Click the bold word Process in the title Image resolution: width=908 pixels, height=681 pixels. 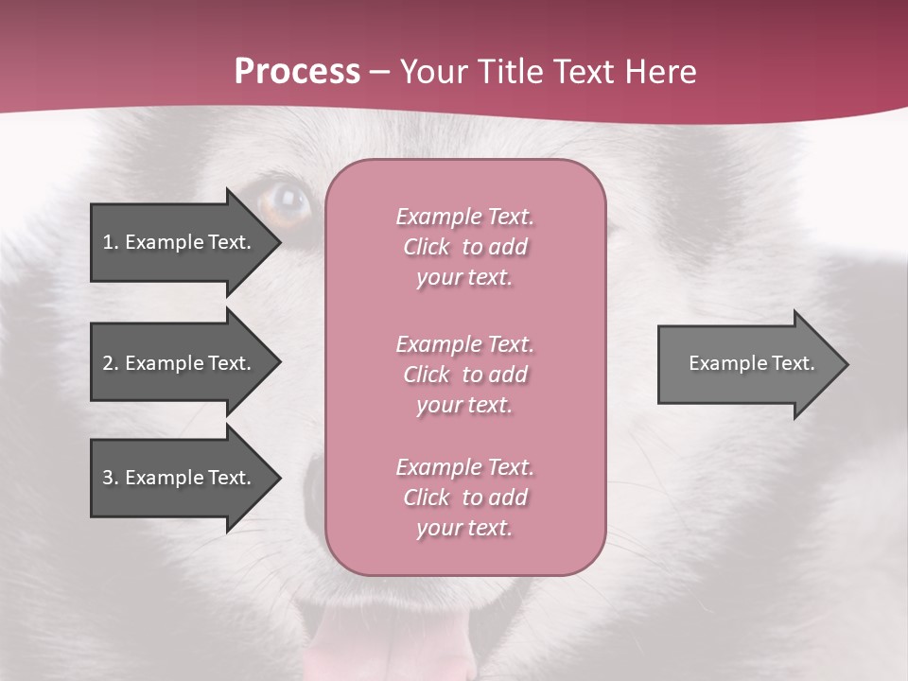pos(297,72)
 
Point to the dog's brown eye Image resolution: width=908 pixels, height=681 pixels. pos(286,203)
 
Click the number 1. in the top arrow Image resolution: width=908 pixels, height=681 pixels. pos(110,242)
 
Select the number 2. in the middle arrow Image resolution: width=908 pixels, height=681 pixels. pos(110,363)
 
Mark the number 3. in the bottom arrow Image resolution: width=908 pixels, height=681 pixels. pos(110,478)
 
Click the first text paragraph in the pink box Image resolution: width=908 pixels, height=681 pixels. pos(464,247)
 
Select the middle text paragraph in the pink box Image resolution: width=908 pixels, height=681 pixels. pos(464,375)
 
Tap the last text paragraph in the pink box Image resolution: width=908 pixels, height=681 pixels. pos(464,498)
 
